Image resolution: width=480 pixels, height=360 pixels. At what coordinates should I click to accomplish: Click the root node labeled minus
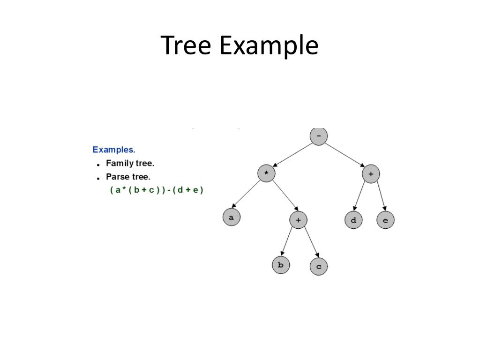319,136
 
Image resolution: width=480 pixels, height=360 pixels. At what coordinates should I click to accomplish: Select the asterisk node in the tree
266,173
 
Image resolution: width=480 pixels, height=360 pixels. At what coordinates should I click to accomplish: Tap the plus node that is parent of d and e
371,174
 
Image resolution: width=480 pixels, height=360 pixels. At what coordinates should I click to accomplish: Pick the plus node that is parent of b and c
298,219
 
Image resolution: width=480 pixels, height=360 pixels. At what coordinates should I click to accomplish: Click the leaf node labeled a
231,218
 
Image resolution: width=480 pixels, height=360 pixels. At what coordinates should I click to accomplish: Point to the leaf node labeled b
281,265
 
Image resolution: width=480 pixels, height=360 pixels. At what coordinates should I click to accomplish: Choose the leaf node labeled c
319,267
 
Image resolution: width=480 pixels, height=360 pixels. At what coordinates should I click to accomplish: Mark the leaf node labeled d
353,220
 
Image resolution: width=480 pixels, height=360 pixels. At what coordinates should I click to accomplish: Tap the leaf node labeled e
385,220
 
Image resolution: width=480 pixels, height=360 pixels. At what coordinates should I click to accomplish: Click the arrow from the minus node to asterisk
292,155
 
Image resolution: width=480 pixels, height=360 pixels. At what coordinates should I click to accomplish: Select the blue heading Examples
114,150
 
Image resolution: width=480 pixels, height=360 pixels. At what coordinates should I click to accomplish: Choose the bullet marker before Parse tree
98,178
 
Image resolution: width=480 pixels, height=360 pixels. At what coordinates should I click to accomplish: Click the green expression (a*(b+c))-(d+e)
157,190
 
